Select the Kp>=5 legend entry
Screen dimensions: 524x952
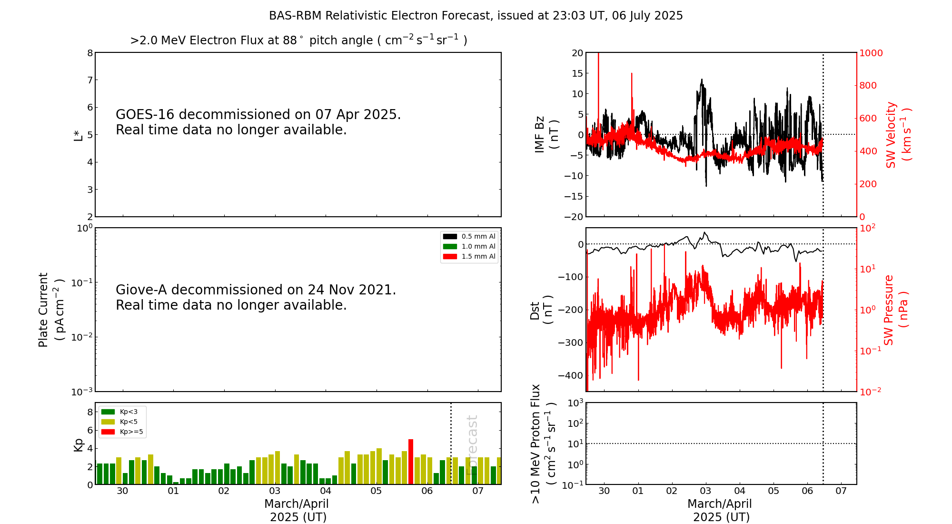(x=122, y=432)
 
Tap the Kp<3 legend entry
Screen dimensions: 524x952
(x=121, y=412)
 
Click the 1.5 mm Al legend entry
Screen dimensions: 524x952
(x=469, y=257)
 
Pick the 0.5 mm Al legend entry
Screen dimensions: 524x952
(x=469, y=236)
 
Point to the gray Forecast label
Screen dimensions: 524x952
(x=472, y=445)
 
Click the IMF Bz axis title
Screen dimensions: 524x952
(x=546, y=134)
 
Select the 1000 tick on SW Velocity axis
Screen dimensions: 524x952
(x=871, y=53)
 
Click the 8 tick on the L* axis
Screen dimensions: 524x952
(x=90, y=53)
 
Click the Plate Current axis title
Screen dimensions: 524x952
(x=50, y=310)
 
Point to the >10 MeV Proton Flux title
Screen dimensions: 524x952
(x=543, y=444)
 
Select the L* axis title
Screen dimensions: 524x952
(x=78, y=135)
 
